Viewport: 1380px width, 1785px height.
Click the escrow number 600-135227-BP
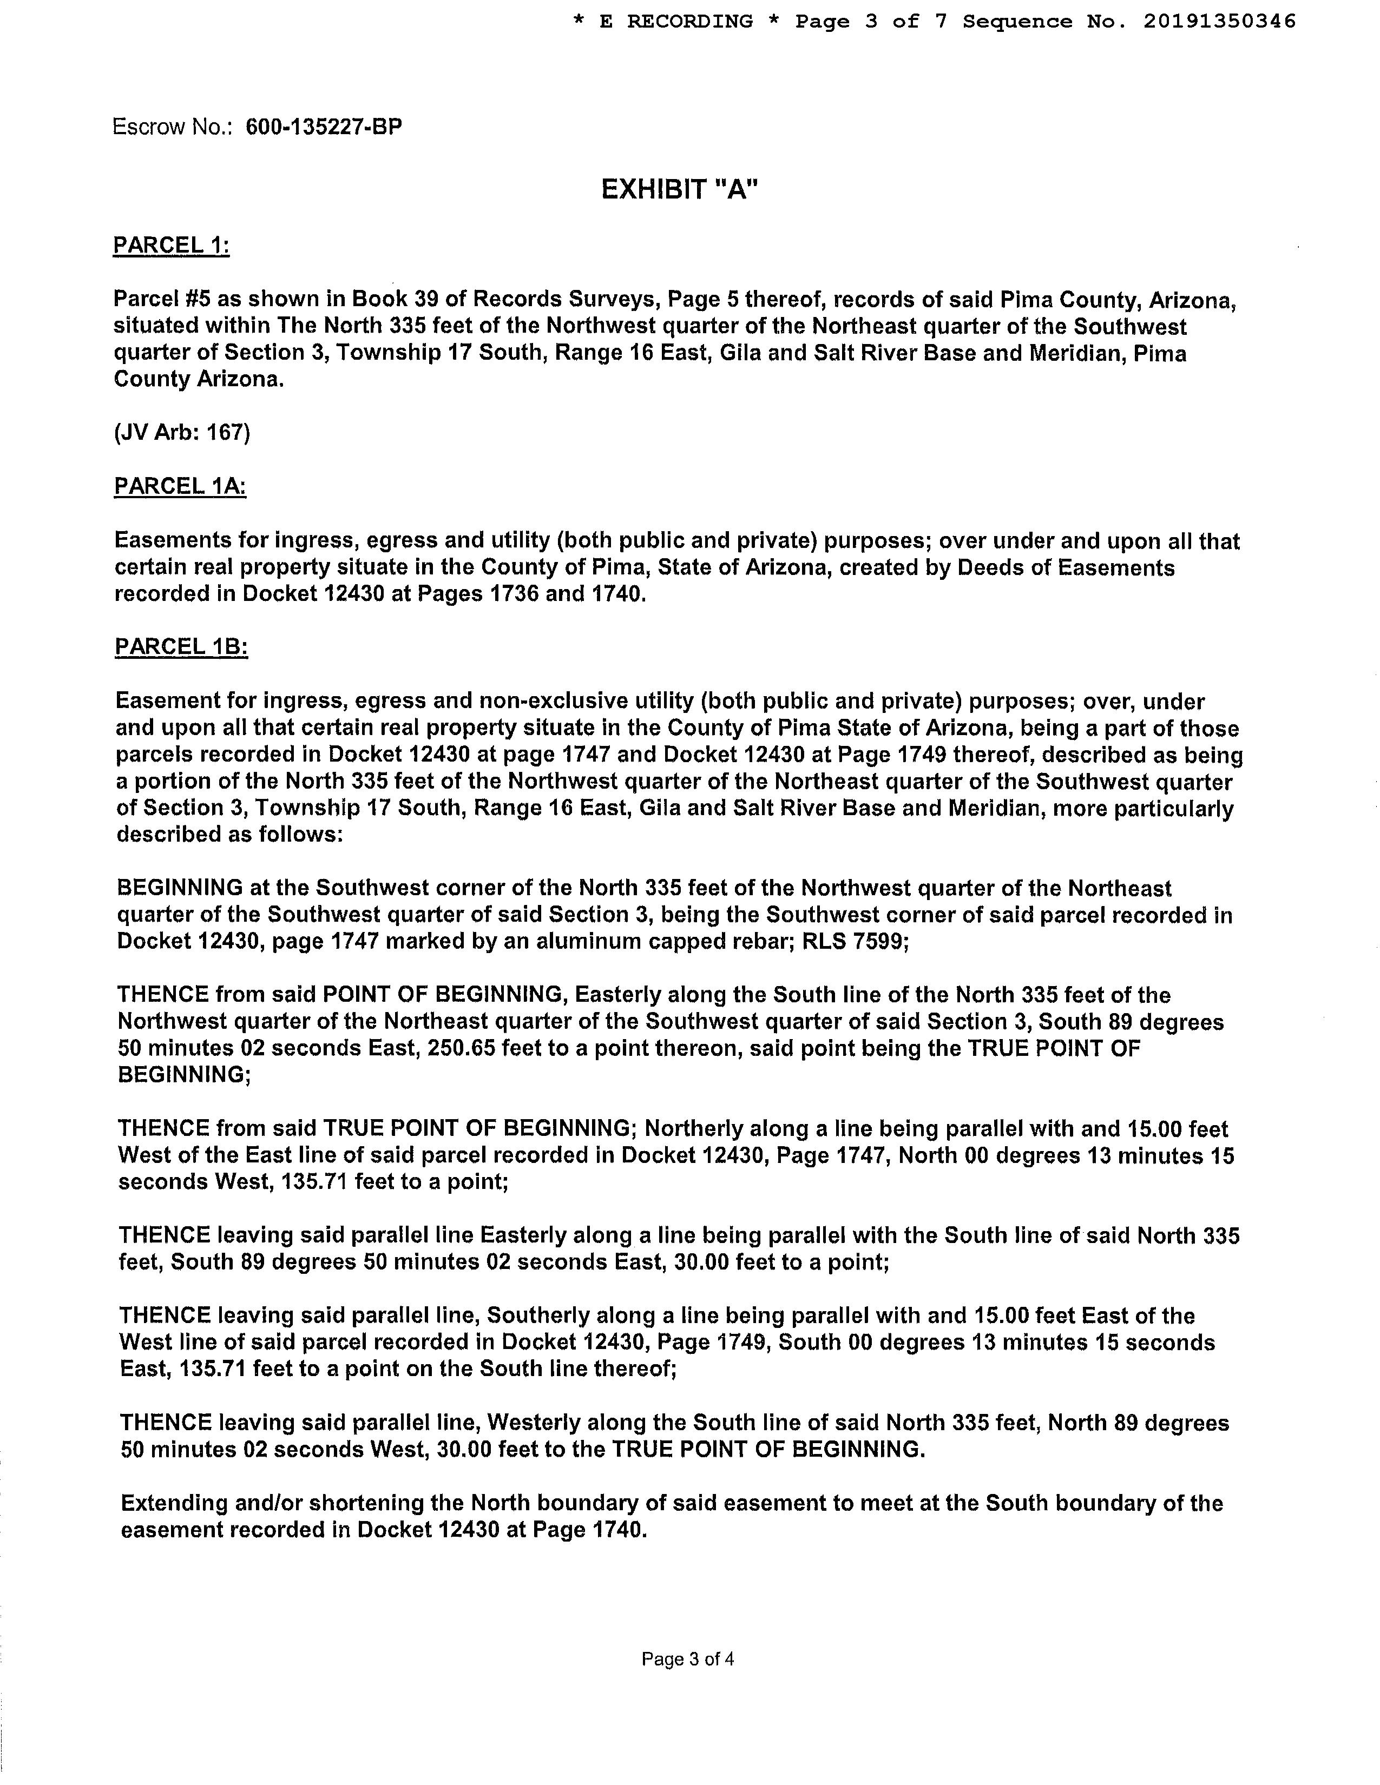tap(324, 128)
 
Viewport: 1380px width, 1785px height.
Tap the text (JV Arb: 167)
tap(181, 432)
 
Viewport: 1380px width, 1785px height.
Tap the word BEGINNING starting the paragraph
tap(180, 888)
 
